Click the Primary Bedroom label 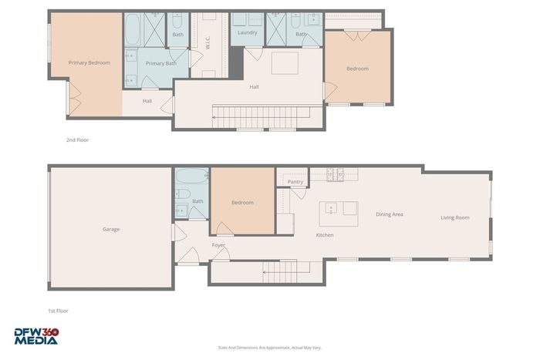click(x=89, y=62)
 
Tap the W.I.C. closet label click(x=208, y=43)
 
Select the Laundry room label click(x=248, y=32)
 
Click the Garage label click(x=111, y=229)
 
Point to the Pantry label click(x=295, y=182)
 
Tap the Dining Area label click(x=389, y=214)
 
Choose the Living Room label click(x=455, y=217)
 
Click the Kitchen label click(x=325, y=235)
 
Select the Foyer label click(x=218, y=245)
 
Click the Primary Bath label click(x=160, y=63)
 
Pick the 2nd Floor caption click(x=77, y=140)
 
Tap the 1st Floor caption click(x=58, y=311)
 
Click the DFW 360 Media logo click(x=36, y=336)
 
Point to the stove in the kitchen click(x=335, y=174)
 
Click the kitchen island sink click(x=331, y=208)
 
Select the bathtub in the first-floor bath click(x=192, y=177)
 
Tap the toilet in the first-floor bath click(x=183, y=193)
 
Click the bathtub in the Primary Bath click(x=133, y=29)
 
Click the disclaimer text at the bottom click(x=270, y=348)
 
